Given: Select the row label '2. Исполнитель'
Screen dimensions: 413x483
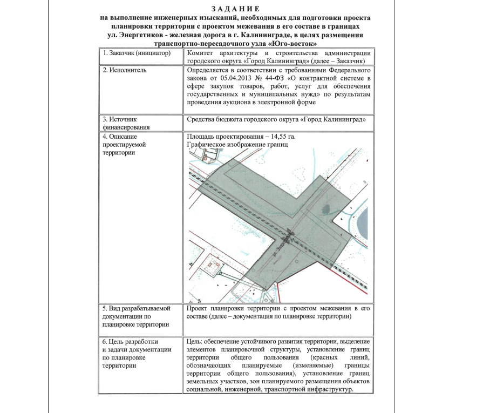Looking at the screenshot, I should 124,70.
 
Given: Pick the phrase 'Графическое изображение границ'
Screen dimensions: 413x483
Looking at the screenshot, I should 238,145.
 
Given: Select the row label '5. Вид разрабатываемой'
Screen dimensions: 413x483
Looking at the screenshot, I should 136,308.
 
